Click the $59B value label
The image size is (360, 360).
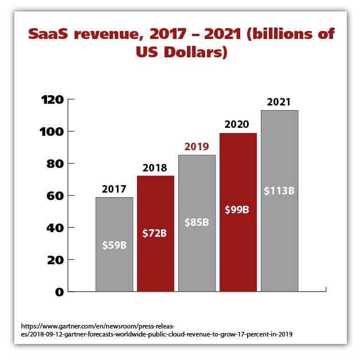pos(114,245)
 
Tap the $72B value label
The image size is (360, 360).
pos(155,233)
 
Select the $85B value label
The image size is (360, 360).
pos(197,221)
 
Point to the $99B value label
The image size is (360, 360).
pos(238,209)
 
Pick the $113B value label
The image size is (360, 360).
pos(279,190)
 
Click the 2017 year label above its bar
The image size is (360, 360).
pos(114,189)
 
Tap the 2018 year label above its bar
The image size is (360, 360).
pos(155,168)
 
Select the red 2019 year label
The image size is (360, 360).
pos(197,146)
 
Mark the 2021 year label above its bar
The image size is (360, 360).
pos(279,102)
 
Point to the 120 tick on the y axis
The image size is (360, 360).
pos(52,100)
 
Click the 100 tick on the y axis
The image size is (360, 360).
pos(52,131)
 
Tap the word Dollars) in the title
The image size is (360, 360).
pos(197,53)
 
